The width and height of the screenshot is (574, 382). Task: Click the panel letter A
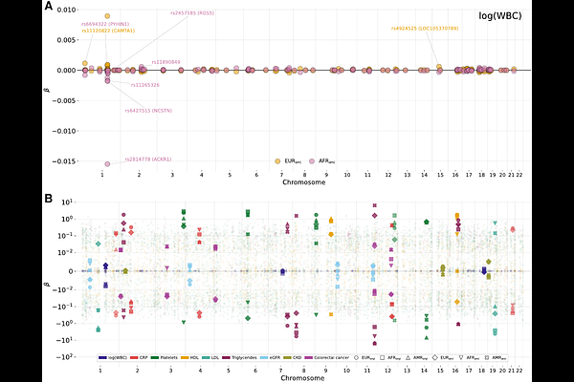[x=49, y=6]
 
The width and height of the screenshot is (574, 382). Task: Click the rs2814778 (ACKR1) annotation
[x=148, y=159]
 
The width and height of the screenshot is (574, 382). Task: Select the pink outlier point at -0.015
[x=107, y=163]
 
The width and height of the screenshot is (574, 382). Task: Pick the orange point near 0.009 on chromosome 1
[x=107, y=16]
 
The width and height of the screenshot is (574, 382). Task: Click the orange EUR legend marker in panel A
[x=278, y=160]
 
